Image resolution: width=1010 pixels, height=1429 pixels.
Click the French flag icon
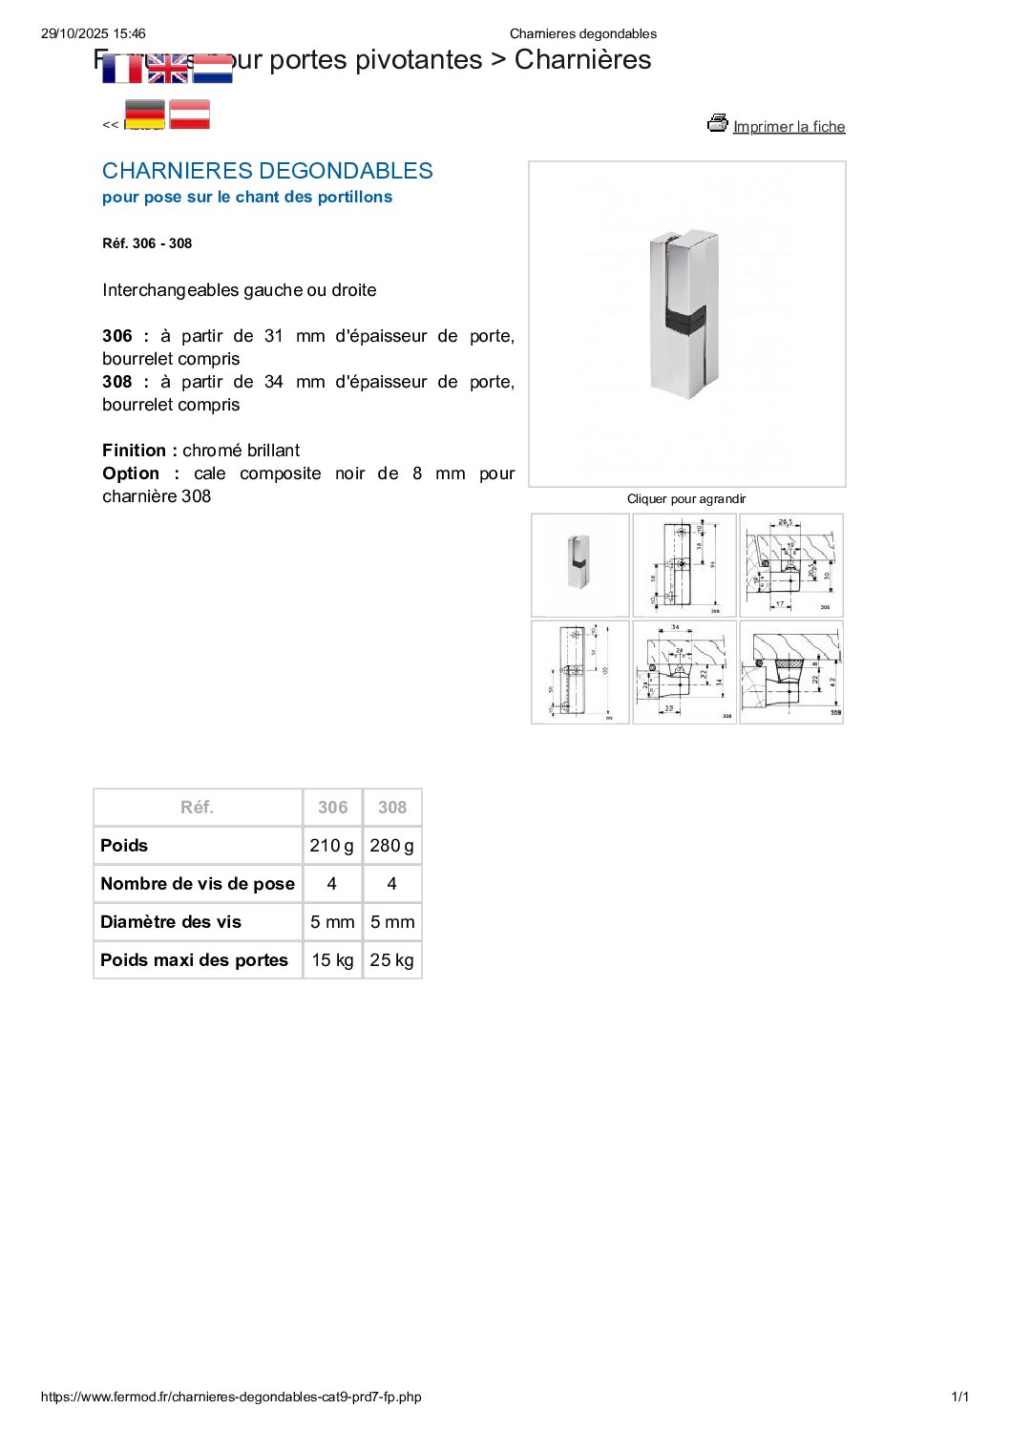(121, 69)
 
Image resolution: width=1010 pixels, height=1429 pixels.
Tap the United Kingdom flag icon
(167, 69)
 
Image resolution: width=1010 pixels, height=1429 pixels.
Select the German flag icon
(145, 115)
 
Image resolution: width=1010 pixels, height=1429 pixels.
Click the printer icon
(717, 123)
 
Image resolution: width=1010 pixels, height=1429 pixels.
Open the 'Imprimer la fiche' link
(789, 127)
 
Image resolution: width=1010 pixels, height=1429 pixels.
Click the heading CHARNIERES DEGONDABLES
(267, 171)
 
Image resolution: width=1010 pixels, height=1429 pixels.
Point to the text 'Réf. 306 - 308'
(147, 243)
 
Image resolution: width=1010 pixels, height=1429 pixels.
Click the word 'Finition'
(134, 451)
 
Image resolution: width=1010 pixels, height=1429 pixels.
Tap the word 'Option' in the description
(131, 473)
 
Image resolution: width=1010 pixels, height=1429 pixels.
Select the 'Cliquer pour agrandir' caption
(686, 498)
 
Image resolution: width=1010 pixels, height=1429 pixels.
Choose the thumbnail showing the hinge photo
(579, 564)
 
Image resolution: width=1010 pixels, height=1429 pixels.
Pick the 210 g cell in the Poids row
(331, 846)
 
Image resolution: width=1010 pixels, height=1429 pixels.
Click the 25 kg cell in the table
(391, 960)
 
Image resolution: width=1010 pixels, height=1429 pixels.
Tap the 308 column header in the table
(391, 808)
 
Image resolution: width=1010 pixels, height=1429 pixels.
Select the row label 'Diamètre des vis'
(171, 922)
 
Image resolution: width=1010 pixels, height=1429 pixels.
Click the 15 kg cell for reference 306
(332, 960)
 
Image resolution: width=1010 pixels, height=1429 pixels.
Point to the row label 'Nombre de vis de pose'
(198, 884)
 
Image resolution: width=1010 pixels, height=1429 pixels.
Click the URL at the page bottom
(231, 1397)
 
